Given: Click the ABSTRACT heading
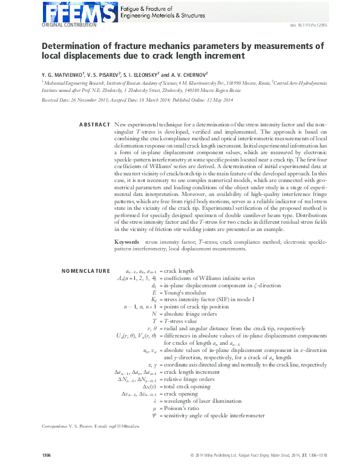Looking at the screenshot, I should click(x=94, y=125).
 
